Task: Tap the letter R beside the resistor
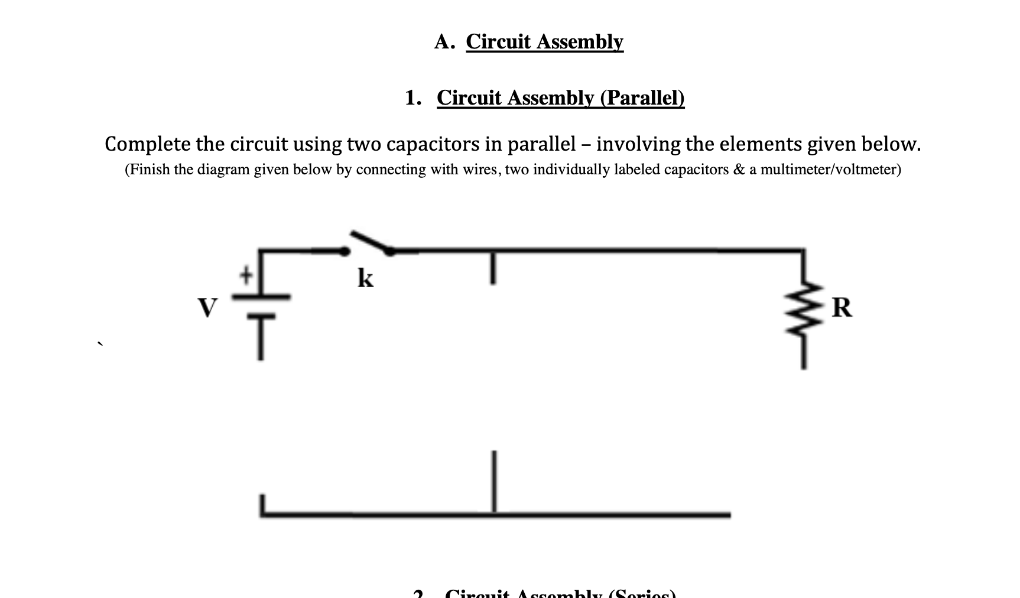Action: pos(842,308)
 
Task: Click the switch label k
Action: pos(366,278)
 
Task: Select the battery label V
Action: pos(207,308)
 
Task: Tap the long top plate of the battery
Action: pos(261,297)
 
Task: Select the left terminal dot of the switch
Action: pos(344,252)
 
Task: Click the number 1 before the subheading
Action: pos(411,98)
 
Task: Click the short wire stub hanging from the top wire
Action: pos(492,268)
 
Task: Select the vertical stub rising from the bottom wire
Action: pos(493,481)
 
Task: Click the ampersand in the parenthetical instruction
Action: pos(739,170)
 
